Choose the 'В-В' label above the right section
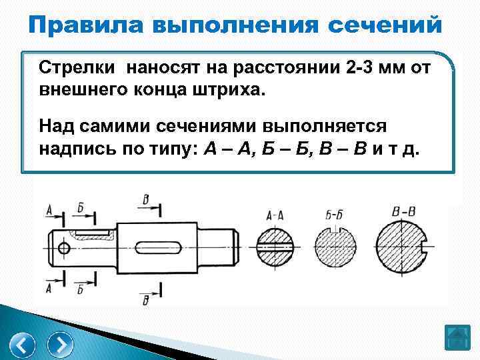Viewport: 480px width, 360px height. point(405,213)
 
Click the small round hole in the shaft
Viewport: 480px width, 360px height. point(64,249)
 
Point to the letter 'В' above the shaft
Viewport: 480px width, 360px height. point(146,199)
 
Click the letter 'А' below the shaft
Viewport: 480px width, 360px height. point(49,288)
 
